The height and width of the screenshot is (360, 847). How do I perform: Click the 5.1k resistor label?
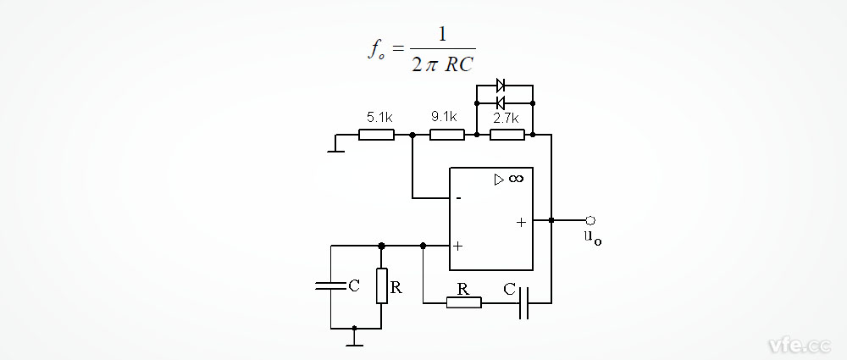pos(378,118)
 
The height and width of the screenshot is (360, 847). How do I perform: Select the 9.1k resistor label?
pos(444,118)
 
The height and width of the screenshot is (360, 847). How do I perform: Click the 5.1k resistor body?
pos(377,134)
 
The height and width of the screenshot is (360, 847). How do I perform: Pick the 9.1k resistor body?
pos(447,134)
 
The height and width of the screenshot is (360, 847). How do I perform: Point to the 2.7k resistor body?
pos(507,134)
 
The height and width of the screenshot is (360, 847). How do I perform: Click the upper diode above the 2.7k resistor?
pos(501,85)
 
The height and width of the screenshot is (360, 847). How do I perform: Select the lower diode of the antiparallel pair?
pos(501,102)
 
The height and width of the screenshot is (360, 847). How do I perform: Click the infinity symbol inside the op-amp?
pos(515,179)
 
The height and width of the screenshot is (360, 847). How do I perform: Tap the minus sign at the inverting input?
pos(458,199)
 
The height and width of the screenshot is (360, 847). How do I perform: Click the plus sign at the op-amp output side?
pos(521,221)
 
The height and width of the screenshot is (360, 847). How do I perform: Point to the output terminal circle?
pos(590,220)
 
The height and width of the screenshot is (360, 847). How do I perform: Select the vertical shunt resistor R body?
pos(381,285)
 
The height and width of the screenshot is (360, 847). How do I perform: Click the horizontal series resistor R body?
pos(463,302)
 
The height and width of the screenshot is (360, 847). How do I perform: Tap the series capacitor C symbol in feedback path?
pos(524,302)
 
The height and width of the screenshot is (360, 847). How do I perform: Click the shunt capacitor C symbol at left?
pos(330,286)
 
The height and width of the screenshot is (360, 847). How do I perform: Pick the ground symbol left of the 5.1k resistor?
pos(335,149)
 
